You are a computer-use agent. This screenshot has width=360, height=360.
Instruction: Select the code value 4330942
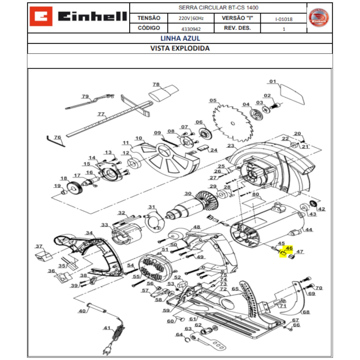[x=191, y=29]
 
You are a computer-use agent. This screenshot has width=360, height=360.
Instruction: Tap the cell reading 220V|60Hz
[x=191, y=18]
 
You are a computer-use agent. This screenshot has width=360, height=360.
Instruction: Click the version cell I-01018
[x=283, y=19]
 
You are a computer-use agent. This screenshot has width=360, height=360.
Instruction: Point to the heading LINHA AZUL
[x=180, y=38]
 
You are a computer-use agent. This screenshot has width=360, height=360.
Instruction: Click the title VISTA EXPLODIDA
[x=180, y=48]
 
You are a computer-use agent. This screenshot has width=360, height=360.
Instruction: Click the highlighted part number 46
[x=289, y=248]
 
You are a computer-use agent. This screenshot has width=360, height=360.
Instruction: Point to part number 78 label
[x=156, y=84]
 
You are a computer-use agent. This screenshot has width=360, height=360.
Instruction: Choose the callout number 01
[x=272, y=81]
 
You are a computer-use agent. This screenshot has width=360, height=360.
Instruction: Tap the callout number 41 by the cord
[x=107, y=328]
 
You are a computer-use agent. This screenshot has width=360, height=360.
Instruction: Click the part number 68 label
[x=306, y=312]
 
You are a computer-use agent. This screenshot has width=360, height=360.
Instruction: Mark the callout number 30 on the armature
[x=188, y=193]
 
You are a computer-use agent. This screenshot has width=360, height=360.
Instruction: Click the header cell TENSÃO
[x=149, y=18]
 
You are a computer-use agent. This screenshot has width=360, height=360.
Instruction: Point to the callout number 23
[x=230, y=146]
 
